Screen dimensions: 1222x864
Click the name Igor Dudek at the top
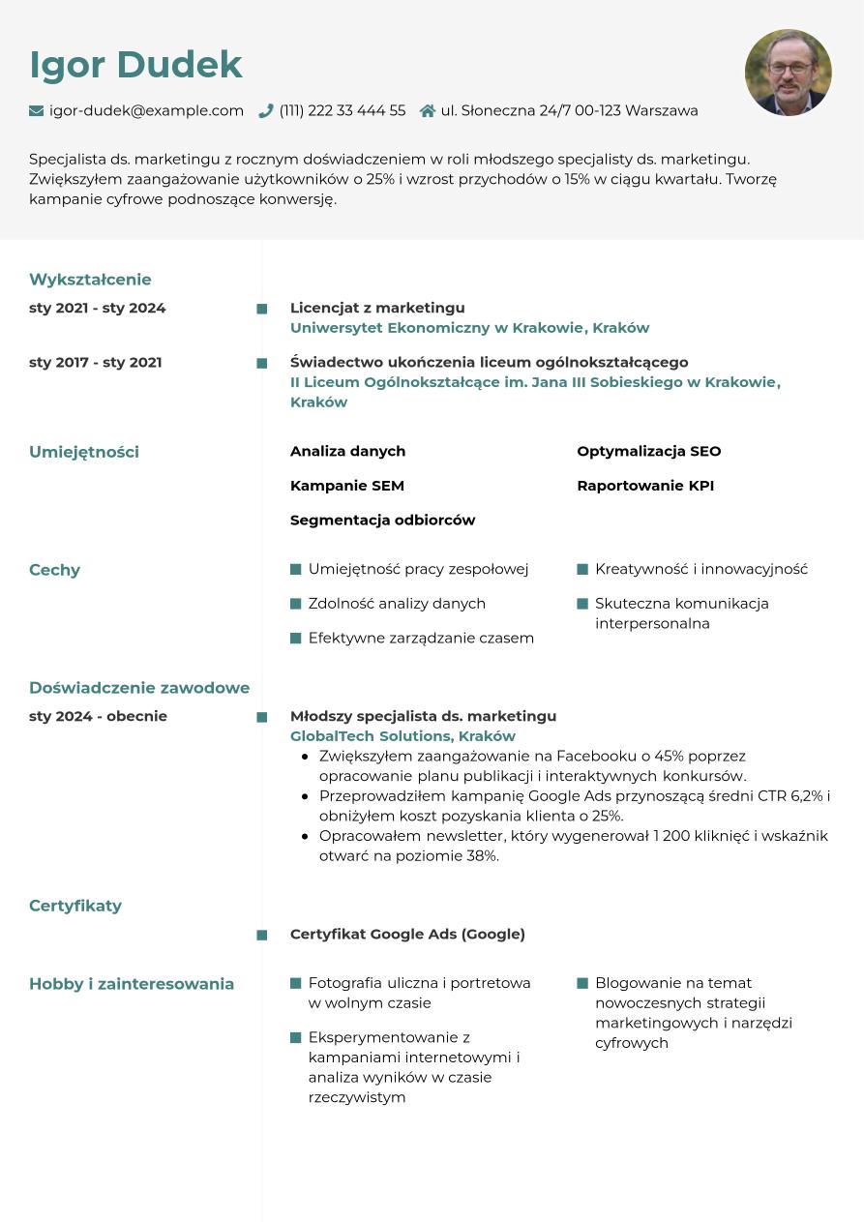[135, 65]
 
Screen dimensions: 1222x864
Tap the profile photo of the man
[788, 73]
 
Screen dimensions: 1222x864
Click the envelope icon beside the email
[37, 111]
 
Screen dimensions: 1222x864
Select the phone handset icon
[266, 111]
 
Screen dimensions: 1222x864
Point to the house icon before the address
[428, 111]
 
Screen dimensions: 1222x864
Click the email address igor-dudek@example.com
[146, 111]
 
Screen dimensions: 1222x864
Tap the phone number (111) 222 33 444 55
[343, 111]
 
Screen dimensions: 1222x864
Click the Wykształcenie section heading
[90, 280]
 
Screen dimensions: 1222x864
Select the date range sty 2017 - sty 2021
[96, 363]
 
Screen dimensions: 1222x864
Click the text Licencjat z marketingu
[377, 308]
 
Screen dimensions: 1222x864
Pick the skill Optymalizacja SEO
[648, 452]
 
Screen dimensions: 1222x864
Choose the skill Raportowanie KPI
[645, 486]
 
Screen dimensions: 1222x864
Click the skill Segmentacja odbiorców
[382, 521]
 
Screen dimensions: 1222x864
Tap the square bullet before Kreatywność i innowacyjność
[582, 570]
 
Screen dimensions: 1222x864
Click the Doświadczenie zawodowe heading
[139, 688]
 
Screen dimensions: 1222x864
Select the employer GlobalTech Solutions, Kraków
[402, 736]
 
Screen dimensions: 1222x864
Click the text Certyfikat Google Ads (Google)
[407, 935]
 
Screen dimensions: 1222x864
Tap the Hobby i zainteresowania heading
[132, 984]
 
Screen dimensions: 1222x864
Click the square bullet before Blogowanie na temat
[582, 983]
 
